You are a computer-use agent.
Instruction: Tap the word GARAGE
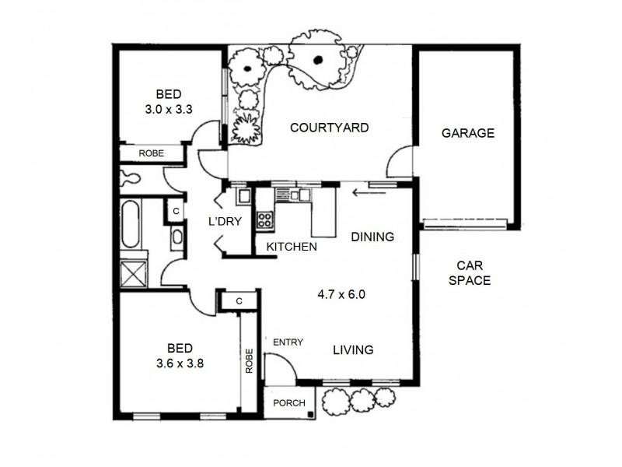click(467, 133)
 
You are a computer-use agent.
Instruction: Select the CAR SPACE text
click(470, 272)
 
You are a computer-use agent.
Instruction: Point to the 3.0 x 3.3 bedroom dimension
click(168, 110)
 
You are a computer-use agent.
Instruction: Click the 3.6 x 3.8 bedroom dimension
click(179, 361)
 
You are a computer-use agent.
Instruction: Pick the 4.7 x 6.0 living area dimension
click(341, 295)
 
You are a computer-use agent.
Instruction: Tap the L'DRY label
click(225, 221)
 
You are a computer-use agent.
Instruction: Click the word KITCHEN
click(292, 247)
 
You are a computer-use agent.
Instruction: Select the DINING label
click(372, 237)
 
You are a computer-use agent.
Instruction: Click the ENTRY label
click(288, 342)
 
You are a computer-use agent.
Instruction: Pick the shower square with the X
click(132, 274)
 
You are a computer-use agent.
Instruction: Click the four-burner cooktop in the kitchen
click(264, 219)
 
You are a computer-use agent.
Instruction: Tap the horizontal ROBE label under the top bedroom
click(151, 153)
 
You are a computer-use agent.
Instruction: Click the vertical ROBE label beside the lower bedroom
click(250, 360)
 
